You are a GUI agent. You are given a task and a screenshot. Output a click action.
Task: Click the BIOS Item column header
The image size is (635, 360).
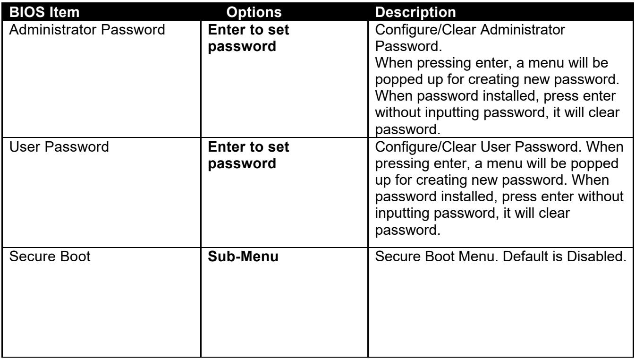click(44, 12)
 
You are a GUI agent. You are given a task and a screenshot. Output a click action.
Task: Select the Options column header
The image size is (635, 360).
click(254, 12)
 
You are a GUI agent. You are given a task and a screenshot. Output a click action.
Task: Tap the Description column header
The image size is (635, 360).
click(415, 12)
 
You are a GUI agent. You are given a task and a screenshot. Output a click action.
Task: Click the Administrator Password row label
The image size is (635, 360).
click(87, 30)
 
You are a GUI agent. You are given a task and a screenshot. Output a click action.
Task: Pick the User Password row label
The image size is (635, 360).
click(59, 147)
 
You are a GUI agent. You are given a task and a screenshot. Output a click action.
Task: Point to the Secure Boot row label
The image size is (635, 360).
click(50, 257)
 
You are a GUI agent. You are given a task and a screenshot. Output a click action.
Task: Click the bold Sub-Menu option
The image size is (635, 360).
click(243, 257)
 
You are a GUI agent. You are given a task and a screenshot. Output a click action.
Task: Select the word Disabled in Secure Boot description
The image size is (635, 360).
click(596, 257)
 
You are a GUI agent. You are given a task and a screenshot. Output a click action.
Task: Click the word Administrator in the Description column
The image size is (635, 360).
click(523, 30)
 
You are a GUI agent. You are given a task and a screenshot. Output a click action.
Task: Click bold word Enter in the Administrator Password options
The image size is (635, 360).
click(226, 30)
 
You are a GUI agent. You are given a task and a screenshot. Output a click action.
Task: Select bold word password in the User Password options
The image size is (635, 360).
click(242, 164)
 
